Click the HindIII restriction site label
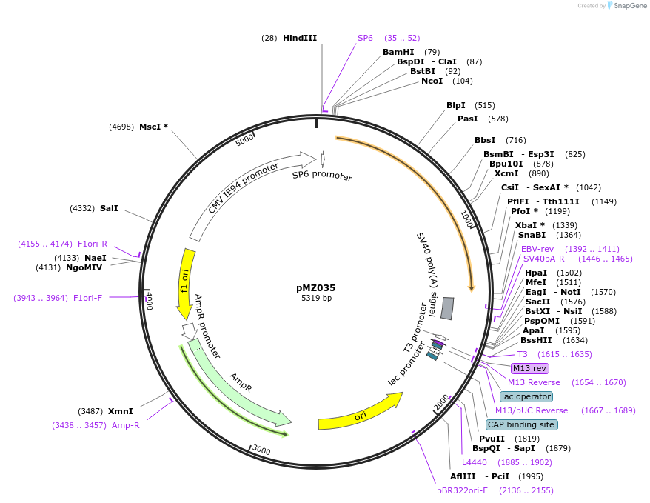point(299,38)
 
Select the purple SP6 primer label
point(366,38)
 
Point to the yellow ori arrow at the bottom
point(360,413)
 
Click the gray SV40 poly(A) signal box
point(447,308)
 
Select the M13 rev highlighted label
point(530,368)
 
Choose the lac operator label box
point(526,396)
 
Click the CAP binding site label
point(521,424)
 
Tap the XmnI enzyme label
point(121,411)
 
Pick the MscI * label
point(153,127)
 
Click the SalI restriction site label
point(109,209)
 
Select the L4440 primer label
point(475,462)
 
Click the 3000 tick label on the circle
point(261,449)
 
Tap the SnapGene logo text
point(629,6)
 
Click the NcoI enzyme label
point(432,81)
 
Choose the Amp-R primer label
point(124,425)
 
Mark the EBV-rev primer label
point(537,249)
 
